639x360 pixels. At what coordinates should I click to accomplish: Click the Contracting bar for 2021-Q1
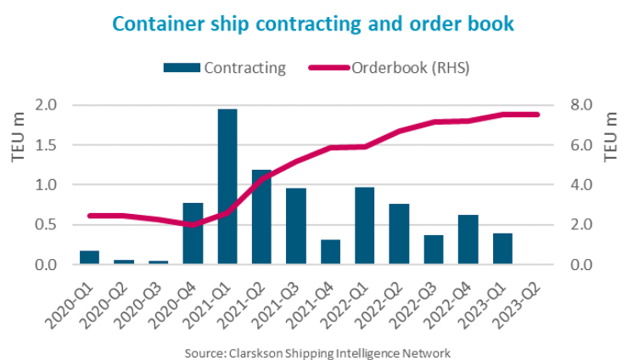227,187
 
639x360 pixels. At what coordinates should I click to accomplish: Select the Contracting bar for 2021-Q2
261,217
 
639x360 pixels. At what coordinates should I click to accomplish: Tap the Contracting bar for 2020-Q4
193,233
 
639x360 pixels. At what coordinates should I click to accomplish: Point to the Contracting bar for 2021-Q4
330,252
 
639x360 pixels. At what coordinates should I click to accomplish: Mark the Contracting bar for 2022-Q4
468,239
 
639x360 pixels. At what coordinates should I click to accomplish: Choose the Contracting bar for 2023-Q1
502,249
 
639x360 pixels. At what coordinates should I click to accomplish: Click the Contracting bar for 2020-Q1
90,257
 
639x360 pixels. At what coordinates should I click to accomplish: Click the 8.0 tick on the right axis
569,105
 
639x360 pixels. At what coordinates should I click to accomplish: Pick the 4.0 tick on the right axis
569,185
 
